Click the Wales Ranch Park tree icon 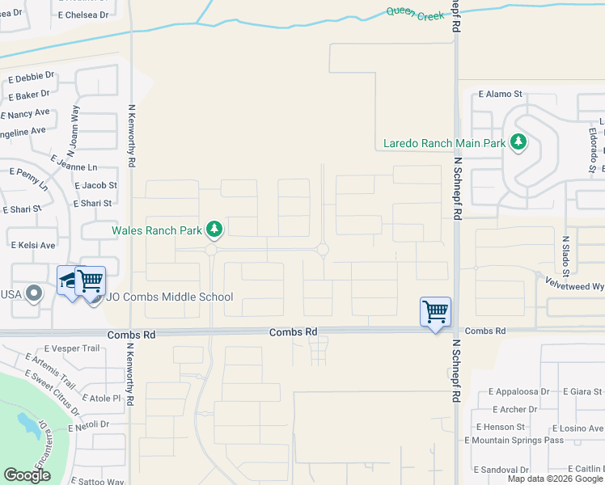coord(214,230)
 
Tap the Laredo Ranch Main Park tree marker coord(518,143)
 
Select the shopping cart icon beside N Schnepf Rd coord(435,311)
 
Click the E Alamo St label coord(501,94)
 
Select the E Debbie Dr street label coord(32,78)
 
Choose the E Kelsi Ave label coord(32,244)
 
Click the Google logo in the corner coord(27,475)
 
